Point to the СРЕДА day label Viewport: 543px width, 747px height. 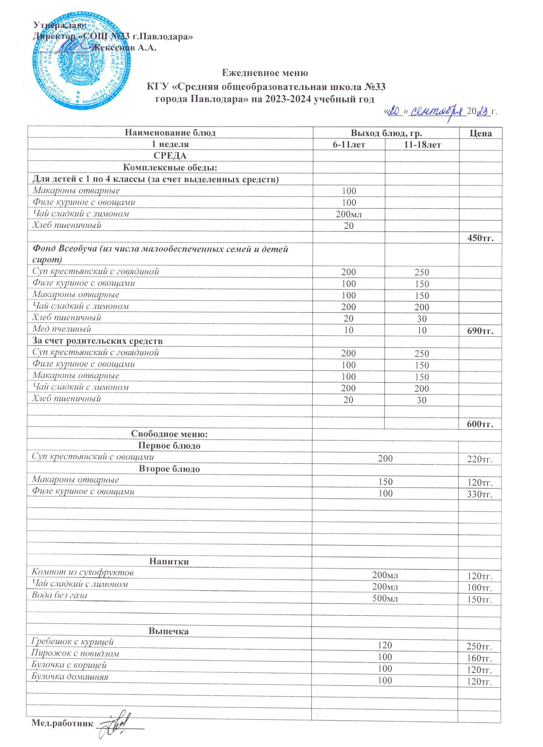[x=170, y=155]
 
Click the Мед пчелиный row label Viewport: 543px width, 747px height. [x=61, y=329]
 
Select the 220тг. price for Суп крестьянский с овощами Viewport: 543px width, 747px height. [x=480, y=459]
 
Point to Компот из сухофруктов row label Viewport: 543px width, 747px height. [x=83, y=572]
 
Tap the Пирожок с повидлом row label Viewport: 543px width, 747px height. [x=75, y=653]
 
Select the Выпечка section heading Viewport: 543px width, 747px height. [x=169, y=631]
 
